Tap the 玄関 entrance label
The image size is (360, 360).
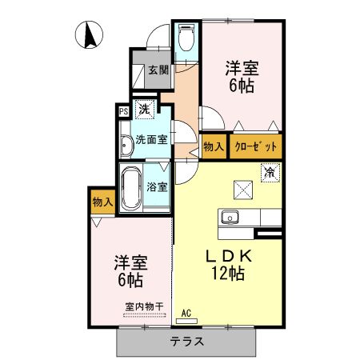point(158,70)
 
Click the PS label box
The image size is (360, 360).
point(124,112)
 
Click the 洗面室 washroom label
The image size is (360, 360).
point(151,138)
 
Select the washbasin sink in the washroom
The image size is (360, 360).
point(126,146)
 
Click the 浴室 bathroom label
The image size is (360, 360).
point(158,187)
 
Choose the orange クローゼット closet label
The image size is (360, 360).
point(256,146)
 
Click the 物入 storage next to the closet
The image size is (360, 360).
point(213,146)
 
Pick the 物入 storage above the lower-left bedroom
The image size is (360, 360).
point(102,202)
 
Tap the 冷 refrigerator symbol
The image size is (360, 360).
point(270,171)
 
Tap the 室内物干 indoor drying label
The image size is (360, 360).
point(144,306)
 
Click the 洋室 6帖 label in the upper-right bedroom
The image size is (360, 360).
point(241,77)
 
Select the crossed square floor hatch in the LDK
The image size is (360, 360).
point(242,188)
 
